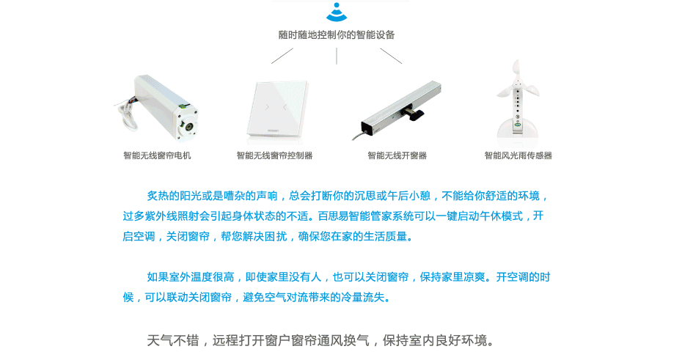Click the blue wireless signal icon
(x=337, y=12)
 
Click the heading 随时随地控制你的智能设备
(x=337, y=34)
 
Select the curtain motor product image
(x=157, y=106)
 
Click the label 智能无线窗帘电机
(x=157, y=155)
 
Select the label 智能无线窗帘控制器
(x=274, y=155)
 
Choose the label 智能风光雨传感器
(x=518, y=155)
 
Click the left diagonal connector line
(x=282, y=56)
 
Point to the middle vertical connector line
(x=337, y=56)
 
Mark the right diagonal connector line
(x=391, y=56)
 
